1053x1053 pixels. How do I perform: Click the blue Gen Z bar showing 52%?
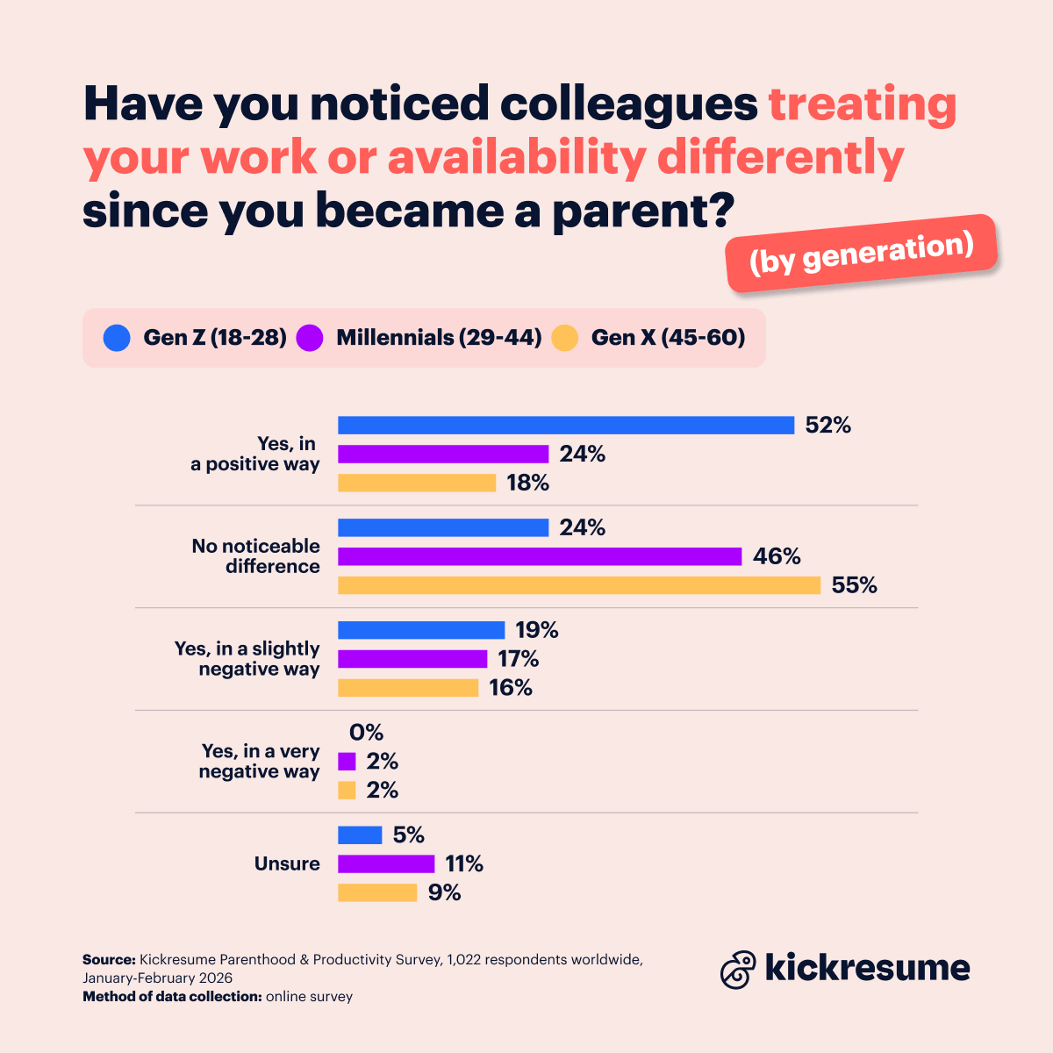[566, 425]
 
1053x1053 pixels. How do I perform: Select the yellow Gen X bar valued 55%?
[579, 585]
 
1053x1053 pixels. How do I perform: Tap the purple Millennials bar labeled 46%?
[540, 556]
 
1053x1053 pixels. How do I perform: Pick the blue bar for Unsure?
[360, 835]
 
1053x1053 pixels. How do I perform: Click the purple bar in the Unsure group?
[386, 863]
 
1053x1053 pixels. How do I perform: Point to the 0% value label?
[366, 733]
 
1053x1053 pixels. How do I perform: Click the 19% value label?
[537, 630]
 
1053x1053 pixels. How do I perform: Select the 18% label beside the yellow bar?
[527, 483]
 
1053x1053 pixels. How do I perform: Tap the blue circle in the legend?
[117, 338]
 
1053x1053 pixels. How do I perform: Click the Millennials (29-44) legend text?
[439, 338]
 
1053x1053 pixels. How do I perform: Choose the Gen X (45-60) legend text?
[668, 338]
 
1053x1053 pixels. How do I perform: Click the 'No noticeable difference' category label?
[256, 556]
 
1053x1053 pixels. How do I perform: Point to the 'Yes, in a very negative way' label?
[260, 761]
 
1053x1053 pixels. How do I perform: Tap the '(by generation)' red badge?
[862, 253]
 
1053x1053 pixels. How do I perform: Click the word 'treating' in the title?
[862, 104]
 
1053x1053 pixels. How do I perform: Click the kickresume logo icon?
[738, 969]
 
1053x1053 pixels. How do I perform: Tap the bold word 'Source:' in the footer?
[109, 960]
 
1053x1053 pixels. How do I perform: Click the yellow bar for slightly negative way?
[408, 688]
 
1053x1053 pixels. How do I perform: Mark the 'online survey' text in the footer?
[309, 997]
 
